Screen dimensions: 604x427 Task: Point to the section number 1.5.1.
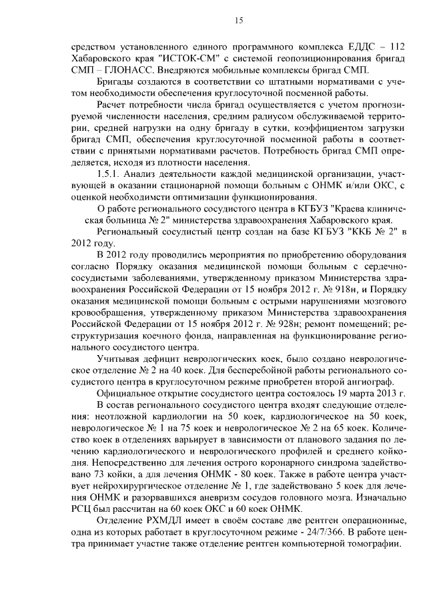[109, 174]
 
